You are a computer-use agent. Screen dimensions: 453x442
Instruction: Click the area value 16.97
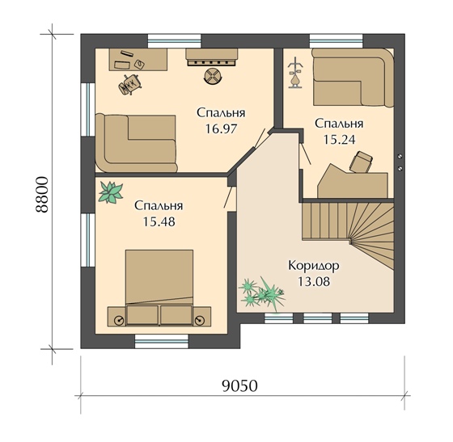pos(221,128)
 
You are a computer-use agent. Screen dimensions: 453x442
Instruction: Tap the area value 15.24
pos(339,140)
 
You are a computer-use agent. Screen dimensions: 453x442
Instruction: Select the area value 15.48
pos(159,222)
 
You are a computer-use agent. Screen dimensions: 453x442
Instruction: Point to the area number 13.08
pos(314,281)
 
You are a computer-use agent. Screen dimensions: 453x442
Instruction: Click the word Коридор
pos(314,266)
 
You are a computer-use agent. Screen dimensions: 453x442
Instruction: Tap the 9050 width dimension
pos(239,385)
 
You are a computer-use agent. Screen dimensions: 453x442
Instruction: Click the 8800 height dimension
pos(41,195)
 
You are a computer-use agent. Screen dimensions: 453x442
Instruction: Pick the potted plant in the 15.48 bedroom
pos(111,192)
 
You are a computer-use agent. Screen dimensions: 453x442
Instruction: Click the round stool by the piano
pos(212,77)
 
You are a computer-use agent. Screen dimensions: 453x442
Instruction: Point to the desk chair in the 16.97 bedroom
pos(130,84)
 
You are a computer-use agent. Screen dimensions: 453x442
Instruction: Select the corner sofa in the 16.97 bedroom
pos(136,143)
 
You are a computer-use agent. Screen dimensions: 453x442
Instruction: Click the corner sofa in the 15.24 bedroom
pos(354,78)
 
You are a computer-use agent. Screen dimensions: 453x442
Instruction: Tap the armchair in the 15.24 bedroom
pos(361,162)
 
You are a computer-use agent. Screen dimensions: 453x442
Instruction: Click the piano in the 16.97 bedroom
pos(212,57)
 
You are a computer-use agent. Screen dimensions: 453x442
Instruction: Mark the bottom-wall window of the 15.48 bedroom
pos(162,341)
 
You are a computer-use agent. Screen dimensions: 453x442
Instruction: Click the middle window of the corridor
pos(317,318)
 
